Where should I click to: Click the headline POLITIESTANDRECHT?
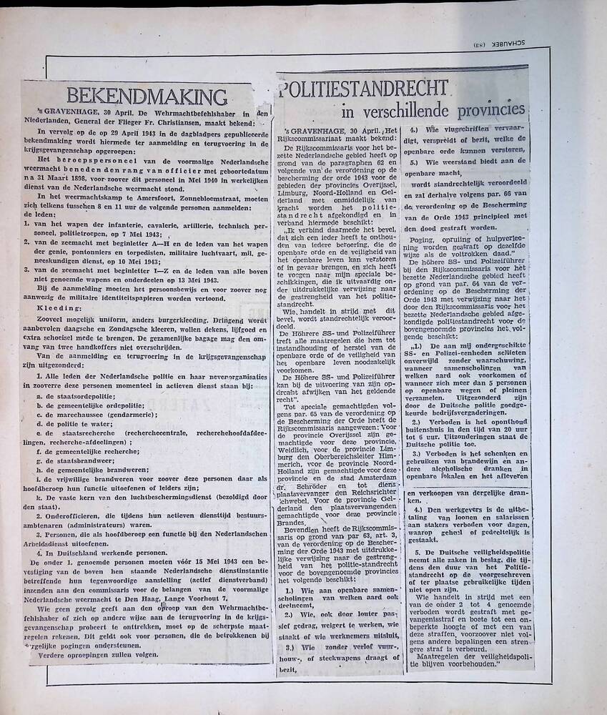365,89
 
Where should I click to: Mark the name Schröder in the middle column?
305,484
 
